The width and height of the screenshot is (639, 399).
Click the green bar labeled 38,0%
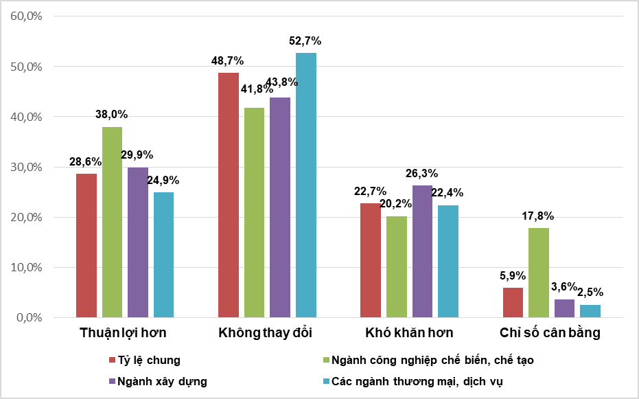113,222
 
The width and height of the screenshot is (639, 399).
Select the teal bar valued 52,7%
306,185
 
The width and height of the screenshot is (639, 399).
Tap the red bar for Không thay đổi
229,195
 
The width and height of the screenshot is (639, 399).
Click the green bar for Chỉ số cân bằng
539,273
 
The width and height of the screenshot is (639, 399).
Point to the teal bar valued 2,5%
590,311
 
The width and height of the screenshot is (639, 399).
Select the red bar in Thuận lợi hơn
86,245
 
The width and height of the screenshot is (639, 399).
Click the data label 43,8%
282,82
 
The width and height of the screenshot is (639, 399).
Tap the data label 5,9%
512,276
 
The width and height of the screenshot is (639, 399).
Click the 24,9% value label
163,181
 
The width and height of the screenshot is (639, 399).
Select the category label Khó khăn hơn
409,334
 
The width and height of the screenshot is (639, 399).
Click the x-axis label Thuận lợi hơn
123,334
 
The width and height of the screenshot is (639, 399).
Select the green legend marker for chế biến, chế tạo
326,360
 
